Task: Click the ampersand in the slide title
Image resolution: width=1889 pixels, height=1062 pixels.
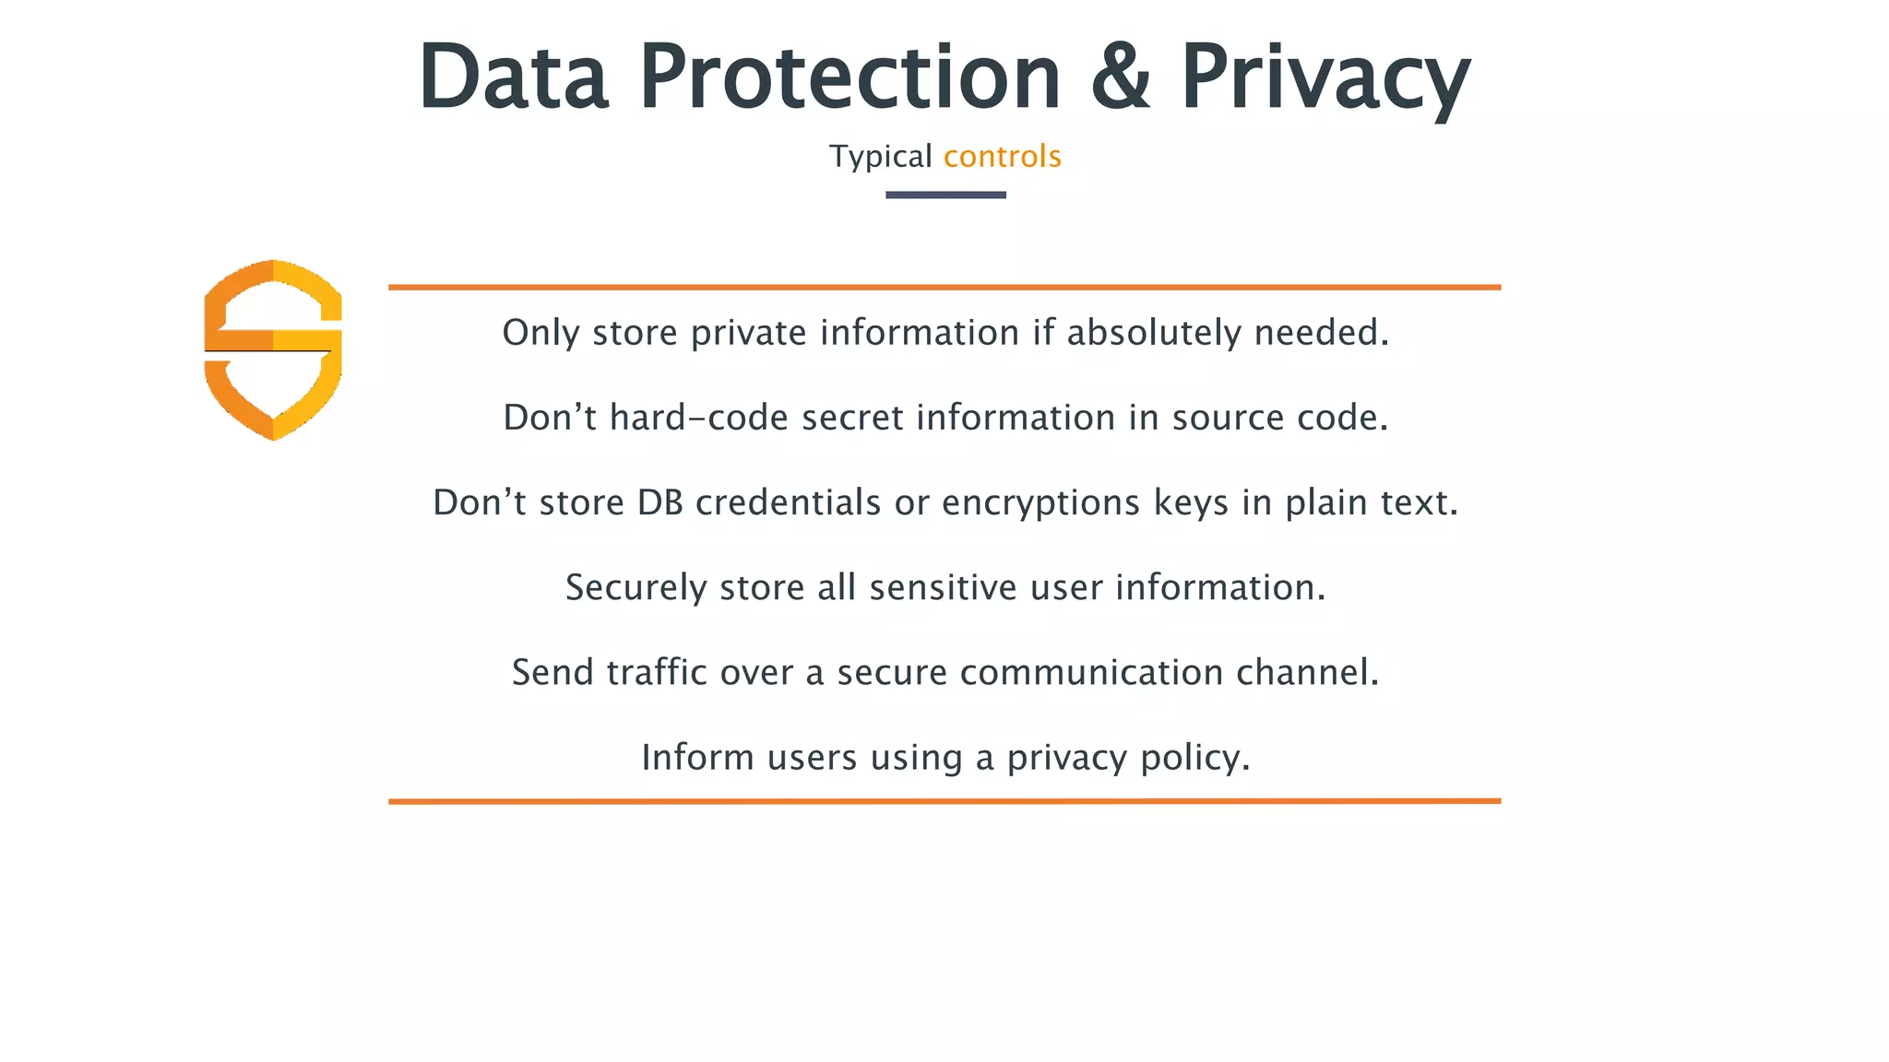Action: pos(1121,77)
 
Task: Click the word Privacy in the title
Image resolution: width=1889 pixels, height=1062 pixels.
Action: pos(1325,78)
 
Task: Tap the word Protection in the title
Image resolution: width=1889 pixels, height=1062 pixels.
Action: pos(849,77)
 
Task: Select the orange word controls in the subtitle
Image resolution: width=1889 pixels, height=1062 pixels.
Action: pos(1003,157)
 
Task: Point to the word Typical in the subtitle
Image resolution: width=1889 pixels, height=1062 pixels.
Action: pos(881,158)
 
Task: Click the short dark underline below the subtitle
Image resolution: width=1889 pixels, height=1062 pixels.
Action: pos(945,195)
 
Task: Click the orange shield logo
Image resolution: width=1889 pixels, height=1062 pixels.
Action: pos(273,349)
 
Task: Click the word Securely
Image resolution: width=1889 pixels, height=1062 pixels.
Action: pos(636,588)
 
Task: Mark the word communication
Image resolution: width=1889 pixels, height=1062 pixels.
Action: pos(1092,672)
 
